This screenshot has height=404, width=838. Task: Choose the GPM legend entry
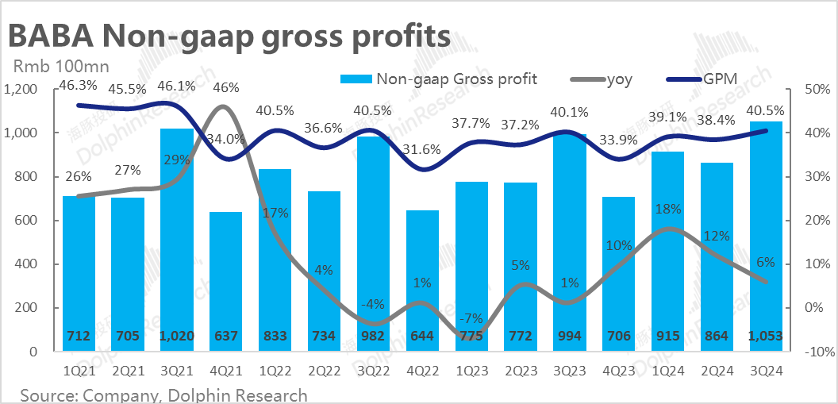[717, 79]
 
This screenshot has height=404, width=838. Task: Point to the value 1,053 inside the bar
[766, 337]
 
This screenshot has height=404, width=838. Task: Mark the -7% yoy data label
[471, 318]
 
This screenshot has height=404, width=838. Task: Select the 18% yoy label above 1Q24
[669, 210]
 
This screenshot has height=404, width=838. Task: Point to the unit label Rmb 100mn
[57, 67]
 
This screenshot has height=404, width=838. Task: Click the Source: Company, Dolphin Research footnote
[163, 394]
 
